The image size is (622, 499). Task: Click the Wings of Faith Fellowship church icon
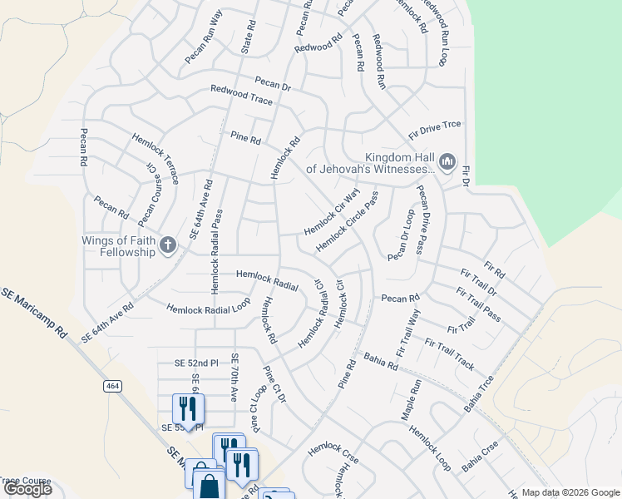pyautogui.click(x=168, y=245)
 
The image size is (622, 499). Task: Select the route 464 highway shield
pyautogui.click(x=112, y=386)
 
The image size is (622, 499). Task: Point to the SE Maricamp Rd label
pyautogui.click(x=33, y=312)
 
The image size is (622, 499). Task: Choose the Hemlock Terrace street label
pyautogui.click(x=155, y=158)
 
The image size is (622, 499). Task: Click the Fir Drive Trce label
pyautogui.click(x=434, y=130)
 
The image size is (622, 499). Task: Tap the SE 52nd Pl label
pyautogui.click(x=195, y=363)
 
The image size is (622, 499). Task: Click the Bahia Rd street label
pyautogui.click(x=381, y=363)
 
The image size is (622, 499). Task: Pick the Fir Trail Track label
pyautogui.click(x=449, y=354)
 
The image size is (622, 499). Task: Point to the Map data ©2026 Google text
pyautogui.click(x=570, y=492)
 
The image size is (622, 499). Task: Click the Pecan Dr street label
pyautogui.click(x=273, y=84)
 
